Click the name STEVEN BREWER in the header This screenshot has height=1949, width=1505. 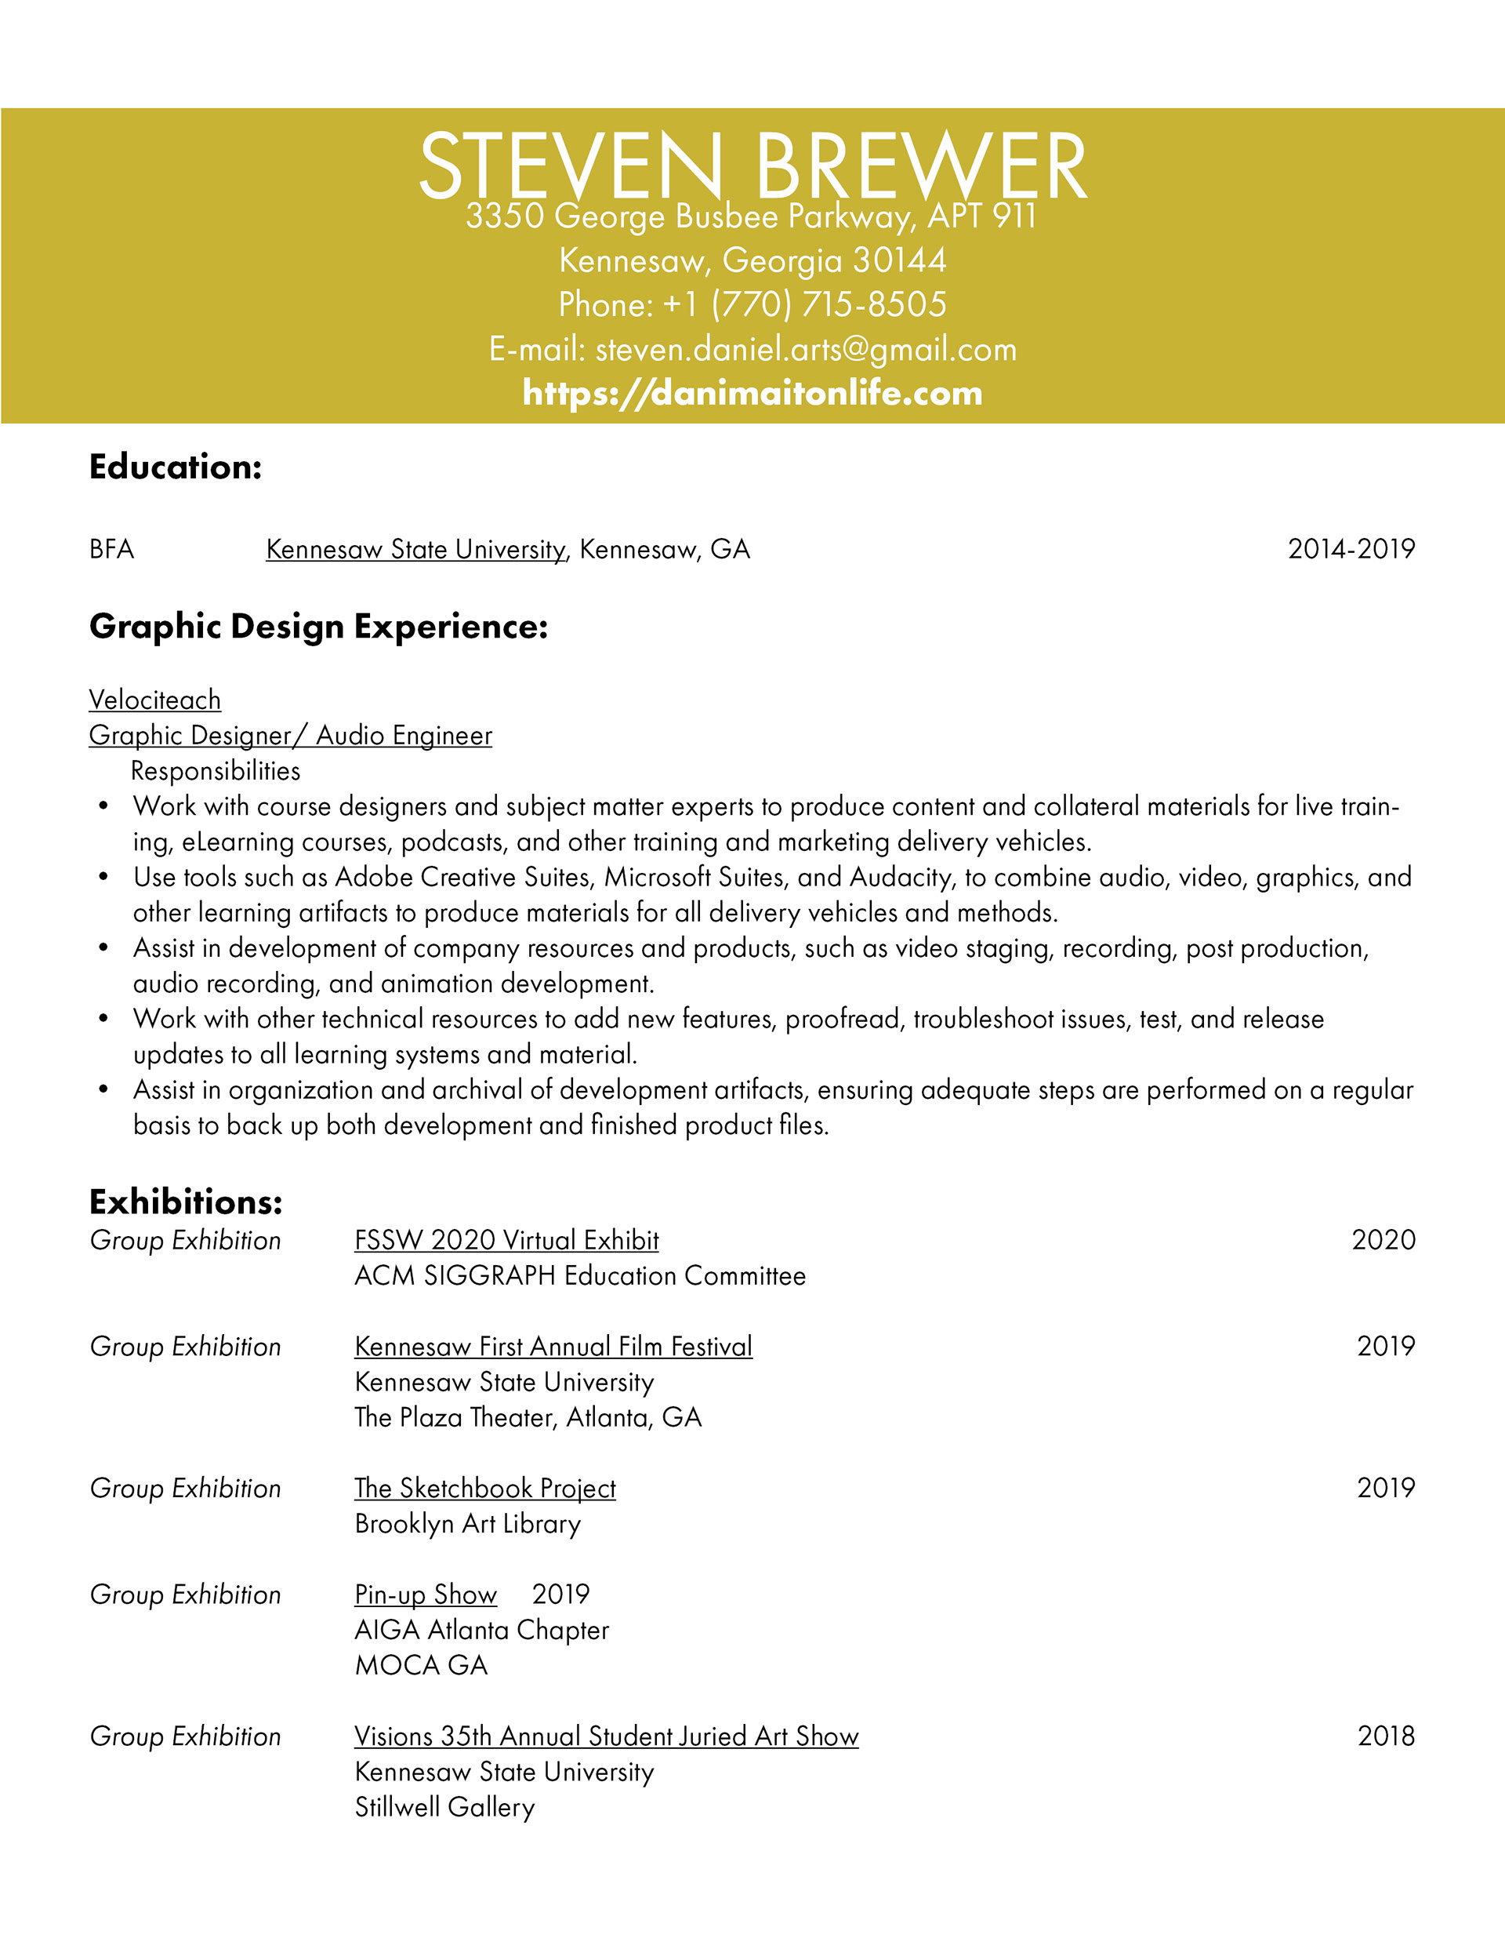(x=752, y=166)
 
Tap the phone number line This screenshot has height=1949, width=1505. (x=752, y=304)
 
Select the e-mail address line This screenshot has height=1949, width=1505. (x=752, y=349)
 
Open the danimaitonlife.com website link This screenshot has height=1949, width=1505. (x=752, y=393)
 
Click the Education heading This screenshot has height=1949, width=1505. (x=175, y=467)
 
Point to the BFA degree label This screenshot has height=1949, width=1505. (x=111, y=549)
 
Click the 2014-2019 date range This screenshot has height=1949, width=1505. (x=1351, y=549)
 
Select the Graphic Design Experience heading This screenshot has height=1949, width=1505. (x=317, y=627)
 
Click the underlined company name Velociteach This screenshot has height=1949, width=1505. (x=155, y=700)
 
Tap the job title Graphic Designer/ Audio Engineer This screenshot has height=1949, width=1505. (x=290, y=736)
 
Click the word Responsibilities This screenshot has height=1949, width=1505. (x=215, y=770)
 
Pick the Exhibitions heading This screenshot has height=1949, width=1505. (x=186, y=1202)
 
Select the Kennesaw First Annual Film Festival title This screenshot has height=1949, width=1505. (x=553, y=1346)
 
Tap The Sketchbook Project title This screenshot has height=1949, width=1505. (x=484, y=1488)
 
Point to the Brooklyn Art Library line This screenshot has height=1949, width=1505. (x=467, y=1523)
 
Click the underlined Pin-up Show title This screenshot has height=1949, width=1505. (x=426, y=1594)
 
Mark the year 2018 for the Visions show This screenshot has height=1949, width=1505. (x=1385, y=1736)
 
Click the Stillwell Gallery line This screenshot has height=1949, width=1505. (x=444, y=1807)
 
